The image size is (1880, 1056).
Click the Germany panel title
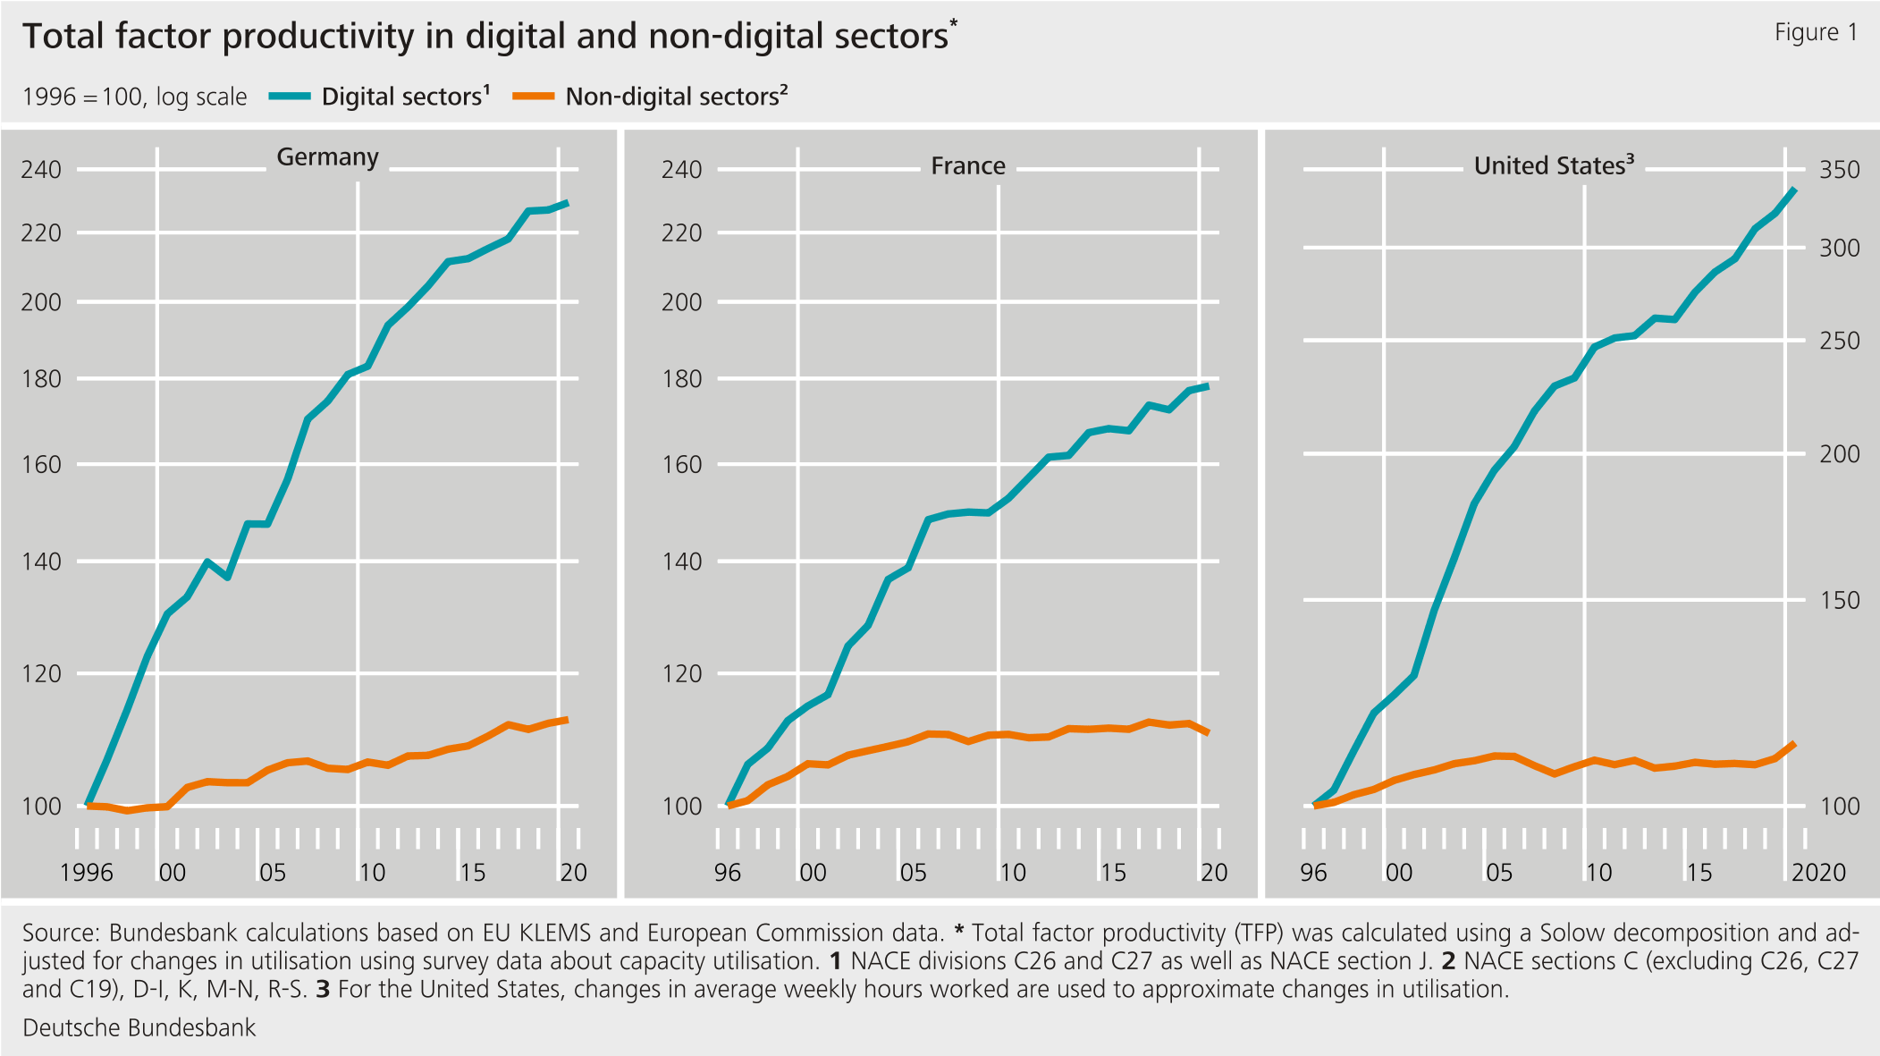tap(327, 157)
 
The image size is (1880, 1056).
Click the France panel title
tap(967, 166)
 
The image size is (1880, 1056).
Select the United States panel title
tap(1553, 166)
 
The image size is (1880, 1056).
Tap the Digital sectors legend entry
tap(405, 97)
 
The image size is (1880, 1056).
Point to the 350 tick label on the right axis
tap(1839, 170)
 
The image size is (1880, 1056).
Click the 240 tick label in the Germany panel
tap(41, 170)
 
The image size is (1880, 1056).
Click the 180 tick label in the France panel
tap(681, 379)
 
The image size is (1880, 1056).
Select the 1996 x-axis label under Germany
tap(86, 873)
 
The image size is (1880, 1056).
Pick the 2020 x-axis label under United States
tap(1817, 873)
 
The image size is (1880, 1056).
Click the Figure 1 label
tap(1816, 32)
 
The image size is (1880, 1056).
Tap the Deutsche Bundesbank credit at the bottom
tap(139, 1028)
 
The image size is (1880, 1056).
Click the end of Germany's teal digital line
tap(568, 203)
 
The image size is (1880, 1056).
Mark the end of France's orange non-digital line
tap(1209, 733)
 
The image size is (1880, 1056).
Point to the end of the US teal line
tap(1795, 190)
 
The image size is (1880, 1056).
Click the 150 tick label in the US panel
tap(1839, 601)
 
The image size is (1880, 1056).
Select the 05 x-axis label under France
tap(912, 873)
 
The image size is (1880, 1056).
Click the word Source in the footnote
tap(60, 934)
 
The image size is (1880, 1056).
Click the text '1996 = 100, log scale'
tap(134, 97)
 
